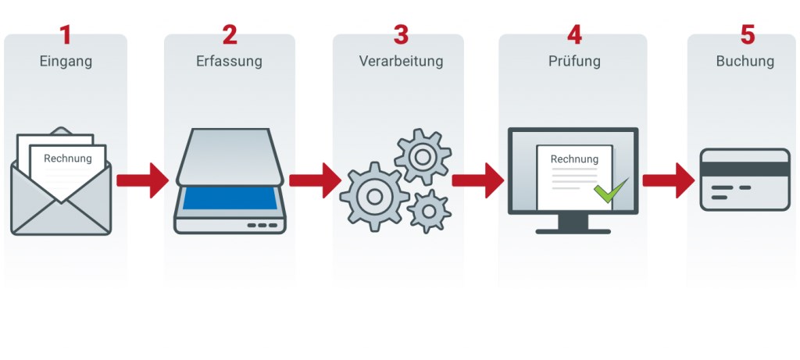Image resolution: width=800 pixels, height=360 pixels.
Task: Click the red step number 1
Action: [66, 35]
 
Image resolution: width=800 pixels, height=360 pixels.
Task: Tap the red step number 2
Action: [229, 35]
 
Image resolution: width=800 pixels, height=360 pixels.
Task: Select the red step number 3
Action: [401, 35]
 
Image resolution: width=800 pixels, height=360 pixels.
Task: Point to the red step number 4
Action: [574, 35]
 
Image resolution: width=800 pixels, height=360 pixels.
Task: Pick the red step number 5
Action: [747, 35]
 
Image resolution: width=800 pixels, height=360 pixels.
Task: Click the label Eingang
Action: [66, 61]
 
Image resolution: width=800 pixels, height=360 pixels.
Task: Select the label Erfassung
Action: [229, 61]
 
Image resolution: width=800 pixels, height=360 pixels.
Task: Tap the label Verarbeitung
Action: [401, 61]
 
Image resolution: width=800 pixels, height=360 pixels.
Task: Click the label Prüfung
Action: [574, 61]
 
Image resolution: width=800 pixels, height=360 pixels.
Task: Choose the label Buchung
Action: [745, 61]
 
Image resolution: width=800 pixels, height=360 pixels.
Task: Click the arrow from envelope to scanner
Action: [142, 180]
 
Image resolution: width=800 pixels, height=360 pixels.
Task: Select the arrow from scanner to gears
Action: [314, 180]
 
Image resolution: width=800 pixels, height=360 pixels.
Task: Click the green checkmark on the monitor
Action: [610, 190]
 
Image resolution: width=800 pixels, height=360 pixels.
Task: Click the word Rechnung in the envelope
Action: [67, 159]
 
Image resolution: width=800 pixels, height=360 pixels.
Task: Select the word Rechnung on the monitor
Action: [574, 159]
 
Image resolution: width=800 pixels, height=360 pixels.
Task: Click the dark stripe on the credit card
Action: [745, 169]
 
